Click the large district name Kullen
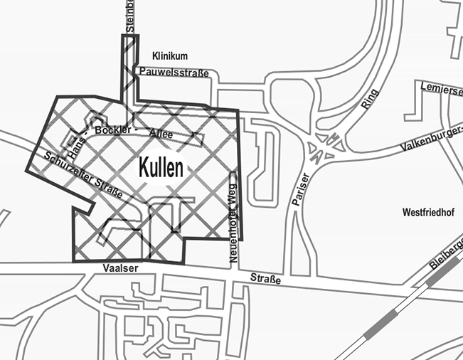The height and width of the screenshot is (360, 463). (x=161, y=168)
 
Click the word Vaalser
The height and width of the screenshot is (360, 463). (x=119, y=268)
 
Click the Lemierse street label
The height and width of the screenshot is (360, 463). (x=439, y=87)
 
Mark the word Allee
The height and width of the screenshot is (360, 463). (x=161, y=134)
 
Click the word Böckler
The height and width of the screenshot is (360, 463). (x=115, y=130)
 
